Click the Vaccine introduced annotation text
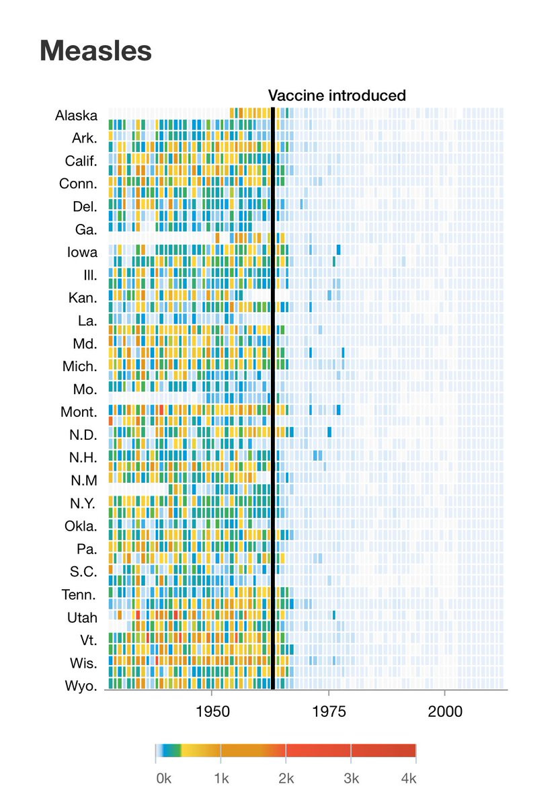[337, 95]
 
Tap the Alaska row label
[76, 115]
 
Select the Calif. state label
[81, 161]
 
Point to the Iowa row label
[81, 252]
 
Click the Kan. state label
[83, 298]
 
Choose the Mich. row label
[81, 367]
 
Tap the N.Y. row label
[83, 504]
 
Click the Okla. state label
[81, 527]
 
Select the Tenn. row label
[81, 595]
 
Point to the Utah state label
[82, 618]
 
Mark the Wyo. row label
[82, 687]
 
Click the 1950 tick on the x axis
[212, 712]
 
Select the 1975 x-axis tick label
[329, 712]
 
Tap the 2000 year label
[445, 712]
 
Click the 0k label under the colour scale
[164, 779]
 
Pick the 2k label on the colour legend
[286, 779]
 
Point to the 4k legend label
[407, 779]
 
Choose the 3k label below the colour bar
[351, 779]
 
